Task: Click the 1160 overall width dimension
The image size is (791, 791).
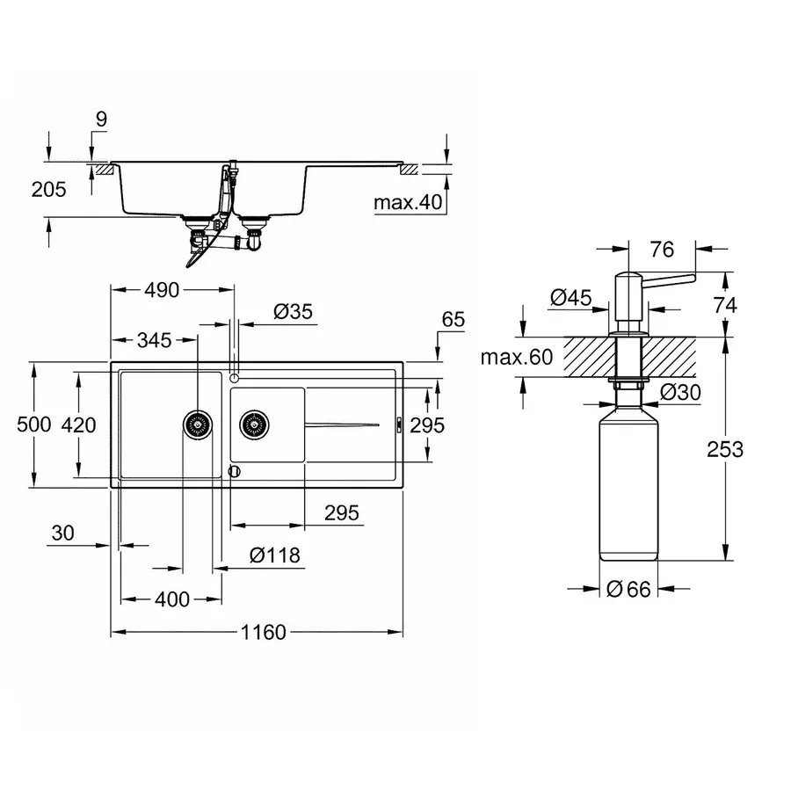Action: pos(262,633)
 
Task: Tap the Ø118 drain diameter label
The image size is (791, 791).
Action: pos(274,555)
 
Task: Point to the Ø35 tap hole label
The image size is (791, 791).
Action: pos(293,311)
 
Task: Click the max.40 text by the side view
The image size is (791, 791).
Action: pos(406,203)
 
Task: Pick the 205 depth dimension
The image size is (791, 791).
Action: pos(48,189)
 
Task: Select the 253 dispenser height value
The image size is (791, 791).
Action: pos(724,449)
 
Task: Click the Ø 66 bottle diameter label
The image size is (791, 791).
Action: pos(629,590)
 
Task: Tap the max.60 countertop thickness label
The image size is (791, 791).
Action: pos(518,357)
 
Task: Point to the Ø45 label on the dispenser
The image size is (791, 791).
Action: pos(570,298)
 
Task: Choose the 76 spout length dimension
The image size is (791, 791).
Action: pos(661,250)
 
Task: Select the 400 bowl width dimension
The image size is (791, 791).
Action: pos(171,599)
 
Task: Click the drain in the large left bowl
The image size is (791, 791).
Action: pos(198,424)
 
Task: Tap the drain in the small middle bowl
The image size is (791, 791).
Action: pos(256,424)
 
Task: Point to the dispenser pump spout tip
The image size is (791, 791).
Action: pos(691,279)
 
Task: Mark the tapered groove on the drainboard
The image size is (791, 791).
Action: pos(343,425)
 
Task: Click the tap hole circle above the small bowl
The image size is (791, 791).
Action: pos(234,378)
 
